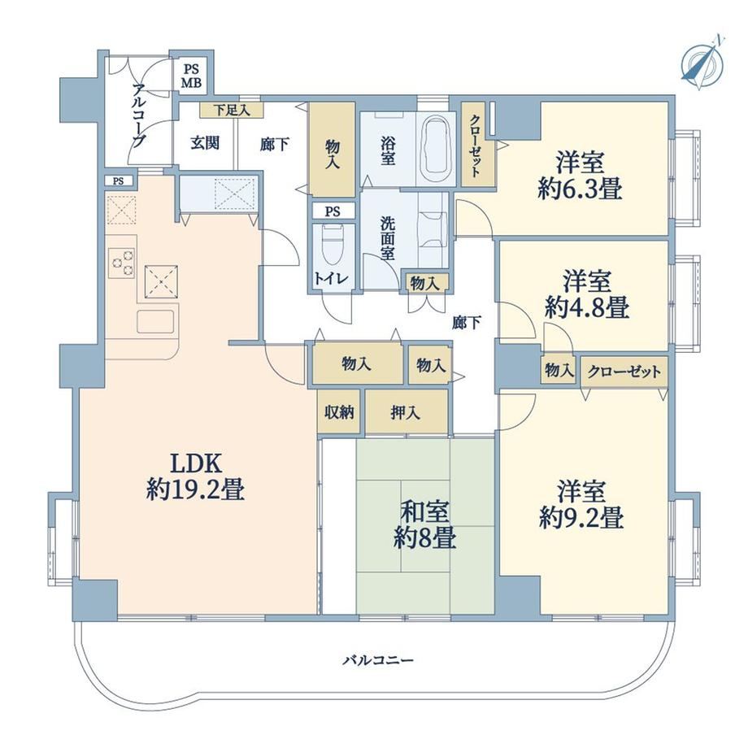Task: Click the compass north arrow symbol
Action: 702,63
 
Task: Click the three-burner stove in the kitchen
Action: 122,263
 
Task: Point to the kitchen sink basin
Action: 155,321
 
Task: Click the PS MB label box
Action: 192,76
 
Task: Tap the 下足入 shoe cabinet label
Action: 232,111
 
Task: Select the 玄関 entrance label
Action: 205,142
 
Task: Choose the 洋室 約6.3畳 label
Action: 580,175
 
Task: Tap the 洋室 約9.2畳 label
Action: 581,505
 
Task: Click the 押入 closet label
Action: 405,412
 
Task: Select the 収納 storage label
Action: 339,412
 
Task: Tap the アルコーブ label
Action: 139,116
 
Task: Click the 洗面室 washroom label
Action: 387,238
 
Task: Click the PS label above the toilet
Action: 333,211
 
